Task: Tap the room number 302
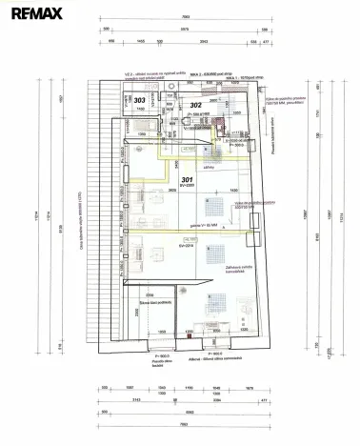pyautogui.click(x=194, y=105)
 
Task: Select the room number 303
pyautogui.click(x=140, y=99)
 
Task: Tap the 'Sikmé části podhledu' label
pyautogui.click(x=154, y=302)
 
